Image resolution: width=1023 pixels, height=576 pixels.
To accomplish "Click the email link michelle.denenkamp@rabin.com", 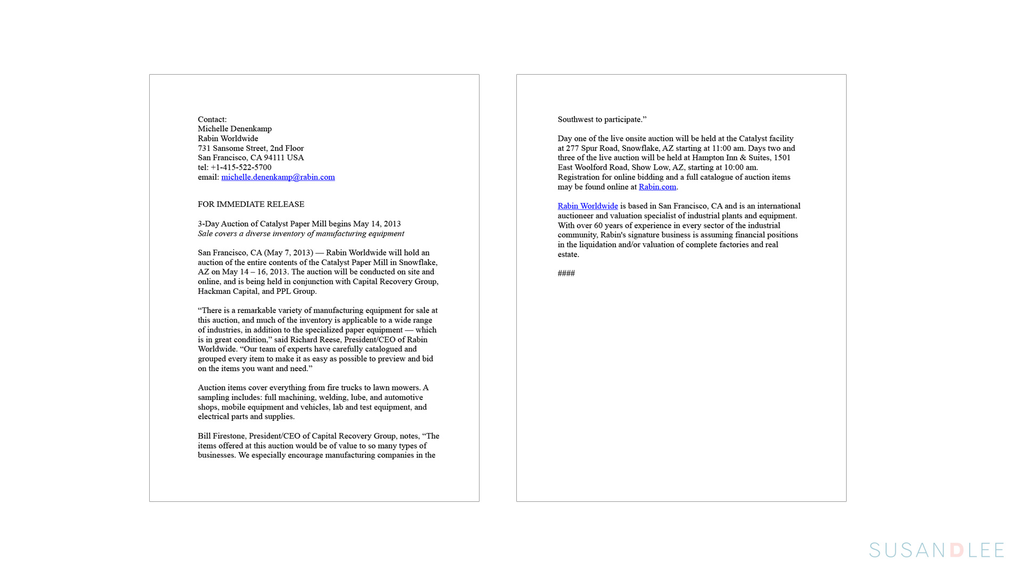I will click(278, 177).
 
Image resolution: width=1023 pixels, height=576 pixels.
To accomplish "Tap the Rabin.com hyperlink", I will click(657, 187).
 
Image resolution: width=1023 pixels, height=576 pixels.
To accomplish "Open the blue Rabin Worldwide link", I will click(587, 206).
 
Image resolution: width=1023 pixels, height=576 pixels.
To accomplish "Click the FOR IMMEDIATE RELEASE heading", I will click(251, 204).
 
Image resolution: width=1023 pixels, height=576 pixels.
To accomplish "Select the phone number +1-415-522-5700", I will click(241, 167).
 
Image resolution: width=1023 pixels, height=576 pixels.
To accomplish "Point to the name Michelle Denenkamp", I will click(234, 129).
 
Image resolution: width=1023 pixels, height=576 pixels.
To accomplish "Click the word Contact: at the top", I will click(212, 119).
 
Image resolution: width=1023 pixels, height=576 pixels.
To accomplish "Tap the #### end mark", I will click(566, 273).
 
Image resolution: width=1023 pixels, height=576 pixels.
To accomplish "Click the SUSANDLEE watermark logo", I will click(936, 550).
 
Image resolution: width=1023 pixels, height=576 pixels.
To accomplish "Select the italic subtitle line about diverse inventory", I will click(301, 234).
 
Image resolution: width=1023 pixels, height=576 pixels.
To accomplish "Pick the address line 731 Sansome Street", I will click(250, 148).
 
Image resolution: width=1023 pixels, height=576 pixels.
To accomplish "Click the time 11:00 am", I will click(728, 148).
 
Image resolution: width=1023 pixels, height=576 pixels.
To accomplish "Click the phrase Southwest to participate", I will click(602, 119).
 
